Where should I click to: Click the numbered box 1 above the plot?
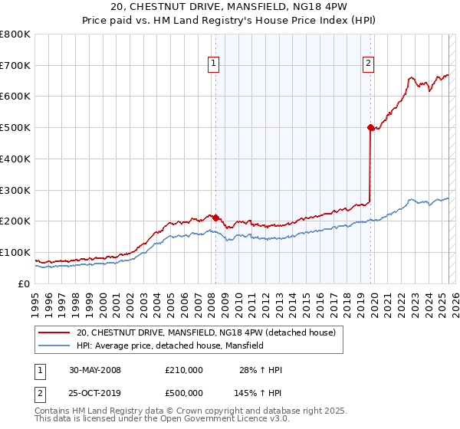coord(212,64)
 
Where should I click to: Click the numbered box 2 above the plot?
coord(369,64)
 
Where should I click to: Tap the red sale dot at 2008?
coord(215,218)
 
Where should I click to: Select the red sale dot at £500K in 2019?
coord(370,127)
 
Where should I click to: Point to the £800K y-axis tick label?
coord(15,34)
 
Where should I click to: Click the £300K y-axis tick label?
coord(15,190)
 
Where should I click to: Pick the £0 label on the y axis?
coord(23,283)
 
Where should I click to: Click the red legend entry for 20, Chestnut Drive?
coord(205,333)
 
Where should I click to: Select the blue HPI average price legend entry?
coord(169,346)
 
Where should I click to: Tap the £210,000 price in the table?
coord(183,370)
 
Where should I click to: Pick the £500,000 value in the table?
coord(183,393)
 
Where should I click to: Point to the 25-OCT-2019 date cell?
coord(94,393)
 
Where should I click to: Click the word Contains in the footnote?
coord(52,411)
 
